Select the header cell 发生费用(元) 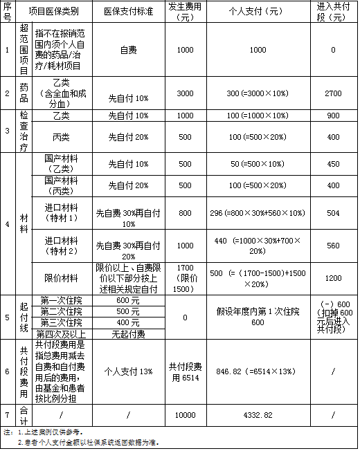pyautogui.click(x=185, y=12)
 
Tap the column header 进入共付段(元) pyautogui.click(x=333, y=12)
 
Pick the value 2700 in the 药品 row pyautogui.click(x=333, y=93)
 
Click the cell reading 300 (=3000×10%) pyautogui.click(x=258, y=93)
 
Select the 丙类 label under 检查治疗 pyautogui.click(x=61, y=136)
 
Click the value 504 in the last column pyautogui.click(x=333, y=214)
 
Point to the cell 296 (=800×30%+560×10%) pyautogui.click(x=258, y=214)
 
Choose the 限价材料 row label pyautogui.click(x=61, y=277)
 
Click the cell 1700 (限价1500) pyautogui.click(x=185, y=277)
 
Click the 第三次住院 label pyautogui.click(x=61, y=323)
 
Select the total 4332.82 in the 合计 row pyautogui.click(x=258, y=414)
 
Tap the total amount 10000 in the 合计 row pyautogui.click(x=185, y=414)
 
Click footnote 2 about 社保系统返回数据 pyautogui.click(x=90, y=441)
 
